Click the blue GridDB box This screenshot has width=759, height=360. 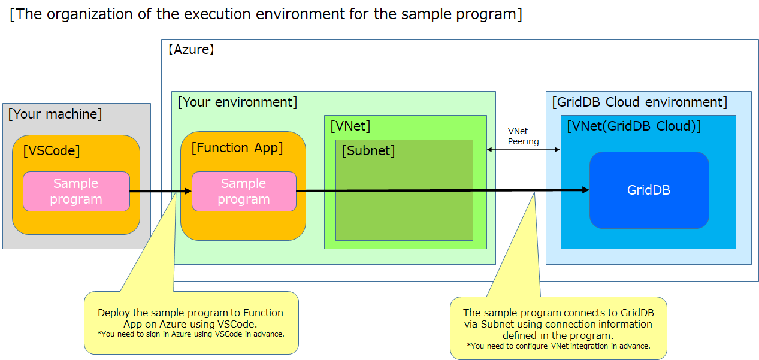point(649,190)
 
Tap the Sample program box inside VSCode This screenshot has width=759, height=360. point(76,192)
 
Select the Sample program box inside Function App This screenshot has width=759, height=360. point(244,192)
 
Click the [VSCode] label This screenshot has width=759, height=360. point(51,151)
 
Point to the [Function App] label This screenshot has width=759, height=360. point(237,147)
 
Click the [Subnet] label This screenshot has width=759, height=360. point(368,151)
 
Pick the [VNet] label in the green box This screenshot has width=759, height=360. point(350,126)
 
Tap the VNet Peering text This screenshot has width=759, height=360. point(523,137)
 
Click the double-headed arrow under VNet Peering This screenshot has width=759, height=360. point(523,150)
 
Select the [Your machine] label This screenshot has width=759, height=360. point(55,114)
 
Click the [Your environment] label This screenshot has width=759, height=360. point(237,102)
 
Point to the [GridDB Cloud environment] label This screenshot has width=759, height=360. point(639,102)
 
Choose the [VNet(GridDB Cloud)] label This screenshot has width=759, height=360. point(634,126)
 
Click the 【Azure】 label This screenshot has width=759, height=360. point(191,50)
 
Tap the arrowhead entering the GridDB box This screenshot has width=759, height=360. point(585,190)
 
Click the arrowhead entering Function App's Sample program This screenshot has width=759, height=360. point(188,191)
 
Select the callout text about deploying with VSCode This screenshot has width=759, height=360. point(190,318)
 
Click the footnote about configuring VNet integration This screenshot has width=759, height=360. point(558,346)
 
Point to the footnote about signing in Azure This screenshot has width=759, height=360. point(190,334)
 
